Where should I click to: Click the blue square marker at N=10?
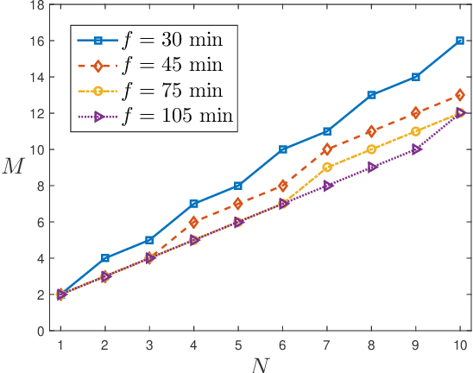(460, 41)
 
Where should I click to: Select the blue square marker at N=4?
(194, 204)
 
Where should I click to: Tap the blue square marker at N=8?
(371, 95)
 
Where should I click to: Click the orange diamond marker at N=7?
(327, 149)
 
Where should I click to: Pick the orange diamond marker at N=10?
(460, 95)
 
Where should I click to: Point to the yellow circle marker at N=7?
(327, 168)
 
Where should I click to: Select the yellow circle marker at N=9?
(416, 131)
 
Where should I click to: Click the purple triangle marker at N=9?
(416, 149)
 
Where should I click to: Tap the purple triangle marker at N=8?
(371, 168)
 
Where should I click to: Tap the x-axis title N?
(261, 364)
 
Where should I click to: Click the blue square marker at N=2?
(105, 258)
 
